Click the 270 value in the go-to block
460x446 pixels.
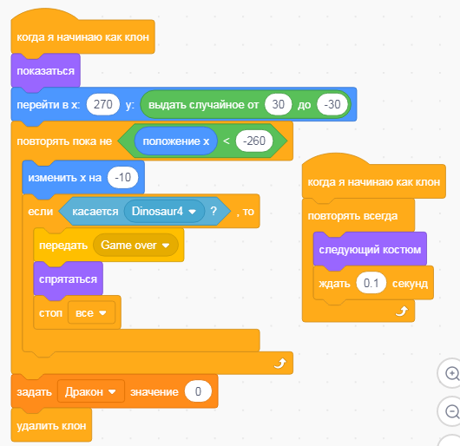coord(103,104)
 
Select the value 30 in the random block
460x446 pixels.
coord(278,104)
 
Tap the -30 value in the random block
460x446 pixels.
coord(332,104)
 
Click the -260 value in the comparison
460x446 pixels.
coord(254,141)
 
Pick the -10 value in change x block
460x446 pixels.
coord(122,177)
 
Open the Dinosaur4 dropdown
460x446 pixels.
coord(164,211)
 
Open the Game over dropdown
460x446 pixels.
coord(135,246)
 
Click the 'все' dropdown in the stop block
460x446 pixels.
coord(91,313)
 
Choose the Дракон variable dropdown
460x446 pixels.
coord(90,391)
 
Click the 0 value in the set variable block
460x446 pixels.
coord(198,391)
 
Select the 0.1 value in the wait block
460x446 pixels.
coord(371,283)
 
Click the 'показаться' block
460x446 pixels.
coord(45,70)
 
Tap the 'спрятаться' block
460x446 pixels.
coord(68,279)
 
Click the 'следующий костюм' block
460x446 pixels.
coord(370,250)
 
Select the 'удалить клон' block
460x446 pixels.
coord(51,425)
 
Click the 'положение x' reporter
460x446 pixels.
coord(175,141)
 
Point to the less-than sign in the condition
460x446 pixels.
coord(227,141)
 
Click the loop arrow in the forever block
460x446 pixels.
coord(402,311)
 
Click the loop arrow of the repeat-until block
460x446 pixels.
coord(279,363)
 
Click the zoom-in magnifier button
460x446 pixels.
coord(451,374)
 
